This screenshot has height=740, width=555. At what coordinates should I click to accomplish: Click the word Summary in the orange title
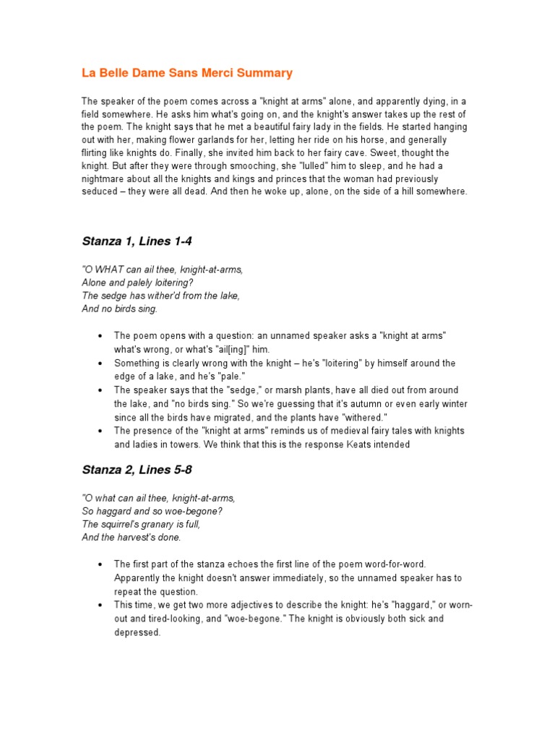point(267,73)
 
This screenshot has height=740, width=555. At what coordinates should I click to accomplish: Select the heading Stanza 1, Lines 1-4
point(136,241)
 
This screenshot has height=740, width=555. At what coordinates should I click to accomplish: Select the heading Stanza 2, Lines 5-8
point(136,470)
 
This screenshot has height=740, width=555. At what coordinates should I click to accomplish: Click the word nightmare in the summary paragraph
point(103,178)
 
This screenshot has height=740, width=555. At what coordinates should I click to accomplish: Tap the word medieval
point(335,431)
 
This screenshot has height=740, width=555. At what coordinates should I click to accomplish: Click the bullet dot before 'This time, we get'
point(98,606)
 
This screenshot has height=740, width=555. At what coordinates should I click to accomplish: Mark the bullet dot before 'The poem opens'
point(98,336)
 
